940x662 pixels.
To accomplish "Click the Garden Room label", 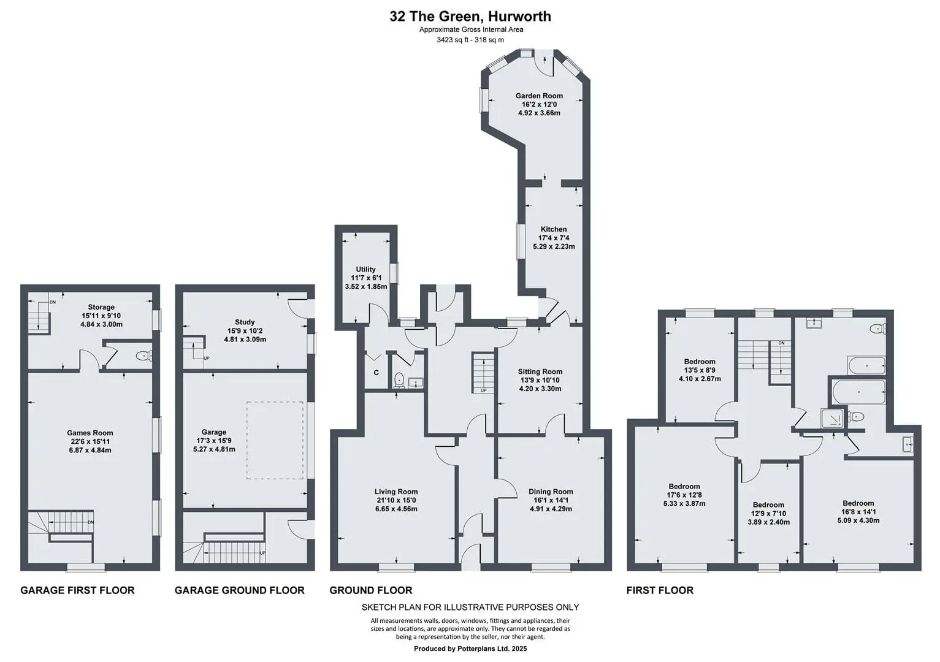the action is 539,96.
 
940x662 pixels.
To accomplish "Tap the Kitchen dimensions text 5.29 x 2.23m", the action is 554,246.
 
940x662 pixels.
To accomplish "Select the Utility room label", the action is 365,269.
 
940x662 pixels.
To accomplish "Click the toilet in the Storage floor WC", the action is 143,356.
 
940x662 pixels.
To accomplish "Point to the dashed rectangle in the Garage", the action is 275,440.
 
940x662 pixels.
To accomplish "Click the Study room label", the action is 245,322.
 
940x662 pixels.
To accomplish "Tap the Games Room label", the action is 90,433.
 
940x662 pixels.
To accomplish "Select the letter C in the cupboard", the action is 376,373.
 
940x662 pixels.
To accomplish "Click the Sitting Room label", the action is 540,371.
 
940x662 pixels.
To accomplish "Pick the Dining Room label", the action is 551,492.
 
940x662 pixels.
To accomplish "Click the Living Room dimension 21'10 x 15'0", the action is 396,501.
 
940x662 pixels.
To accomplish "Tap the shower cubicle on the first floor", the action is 831,417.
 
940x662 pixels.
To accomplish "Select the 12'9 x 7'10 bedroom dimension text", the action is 768,514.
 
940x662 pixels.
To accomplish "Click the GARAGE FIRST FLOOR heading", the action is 78,590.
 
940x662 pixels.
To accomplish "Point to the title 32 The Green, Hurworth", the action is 470,17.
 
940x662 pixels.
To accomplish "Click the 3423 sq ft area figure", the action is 451,40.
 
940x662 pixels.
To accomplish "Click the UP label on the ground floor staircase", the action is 483,390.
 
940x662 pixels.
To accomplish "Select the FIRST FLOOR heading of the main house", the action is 660,590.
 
